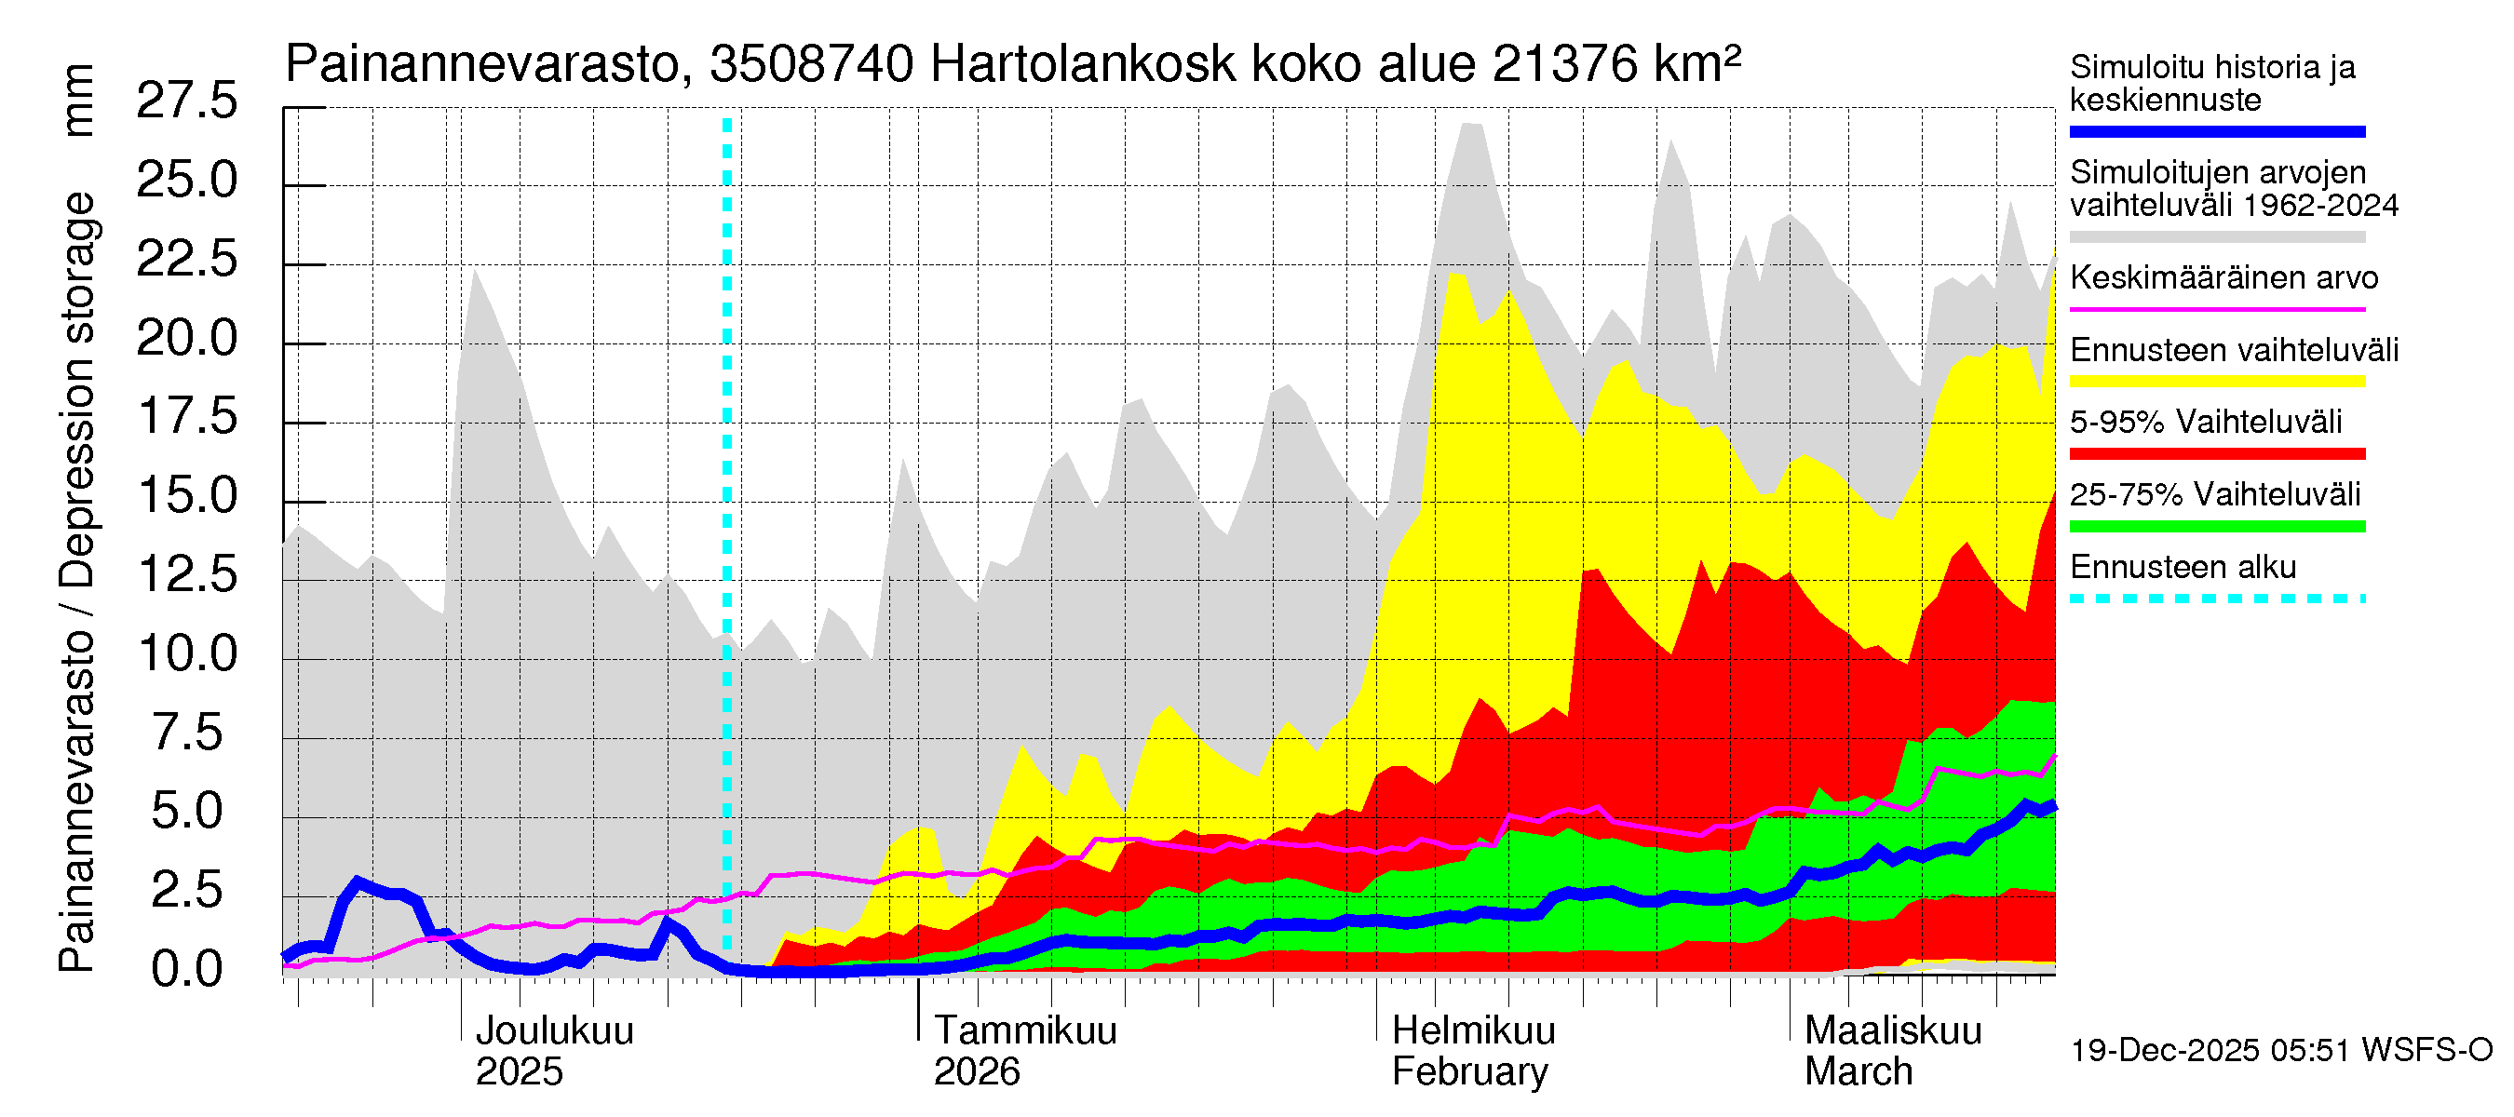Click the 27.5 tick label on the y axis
tap(186, 101)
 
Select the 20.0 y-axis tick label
tap(186, 338)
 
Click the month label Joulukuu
tap(553, 1030)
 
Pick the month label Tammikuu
tap(1025, 1030)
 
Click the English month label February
tap(1468, 1071)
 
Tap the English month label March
tap(1858, 1071)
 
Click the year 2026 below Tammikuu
tap(976, 1071)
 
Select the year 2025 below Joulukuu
tap(520, 1071)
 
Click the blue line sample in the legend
tap(2216, 131)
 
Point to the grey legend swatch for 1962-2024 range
tap(2216, 237)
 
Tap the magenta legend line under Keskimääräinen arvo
tap(2216, 309)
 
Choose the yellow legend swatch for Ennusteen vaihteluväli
tap(2216, 382)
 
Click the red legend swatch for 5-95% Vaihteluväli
tap(2216, 453)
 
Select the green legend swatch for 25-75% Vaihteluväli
tap(2216, 527)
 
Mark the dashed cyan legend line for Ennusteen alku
tap(2216, 599)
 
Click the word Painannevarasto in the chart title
tap(482, 65)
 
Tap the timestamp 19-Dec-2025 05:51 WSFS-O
tap(2280, 1050)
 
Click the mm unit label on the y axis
tap(78, 101)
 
